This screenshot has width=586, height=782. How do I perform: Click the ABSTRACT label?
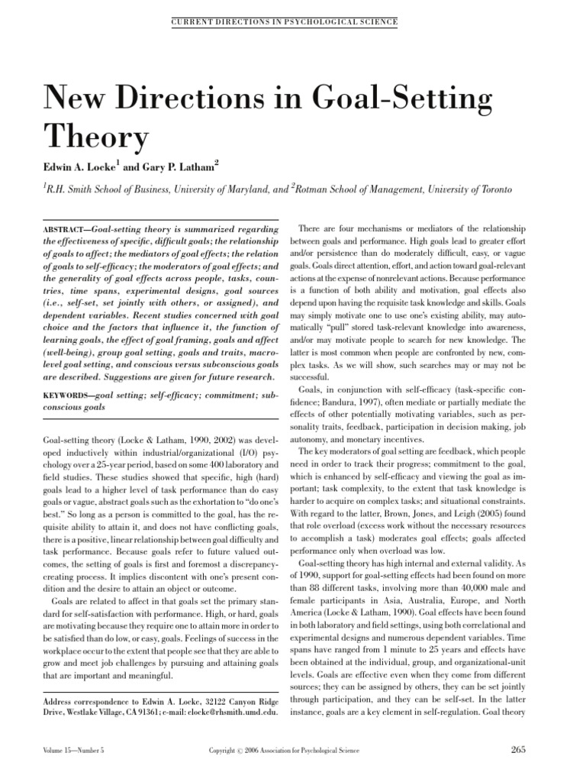point(62,229)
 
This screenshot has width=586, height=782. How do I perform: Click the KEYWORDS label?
point(64,396)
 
